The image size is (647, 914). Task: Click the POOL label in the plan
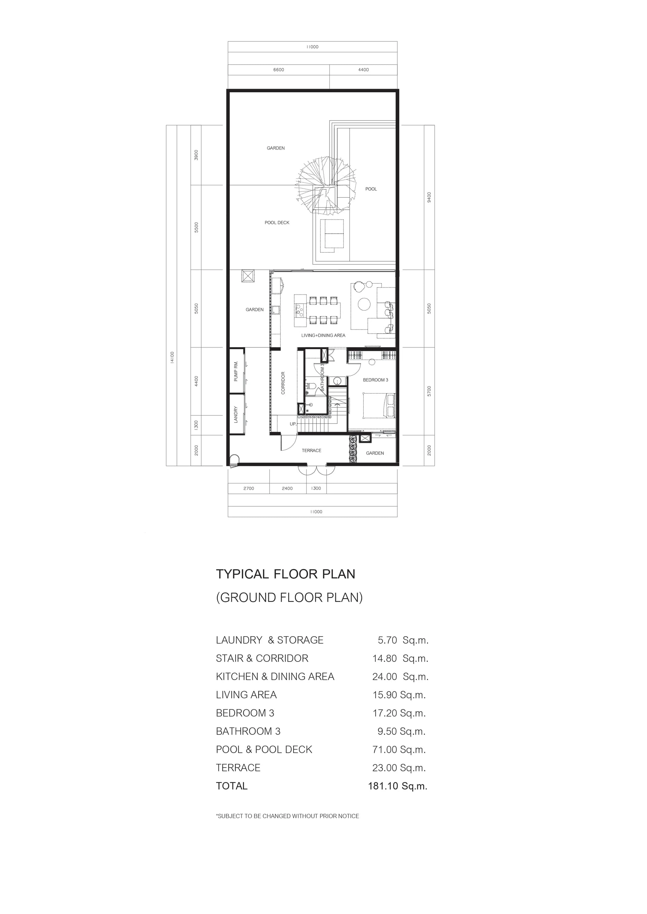(371, 189)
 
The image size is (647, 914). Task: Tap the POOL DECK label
(277, 223)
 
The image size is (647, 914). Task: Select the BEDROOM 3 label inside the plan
(375, 380)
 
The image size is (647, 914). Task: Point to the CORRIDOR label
(283, 383)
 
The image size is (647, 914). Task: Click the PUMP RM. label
(236, 371)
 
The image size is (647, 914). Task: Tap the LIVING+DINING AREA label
(323, 335)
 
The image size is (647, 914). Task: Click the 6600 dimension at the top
(278, 70)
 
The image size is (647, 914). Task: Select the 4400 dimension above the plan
(363, 70)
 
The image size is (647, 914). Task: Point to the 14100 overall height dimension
(172, 357)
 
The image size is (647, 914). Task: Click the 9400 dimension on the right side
(429, 197)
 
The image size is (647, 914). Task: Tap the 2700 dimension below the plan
(249, 488)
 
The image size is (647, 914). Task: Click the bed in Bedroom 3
(379, 406)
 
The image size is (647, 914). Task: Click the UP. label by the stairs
(293, 424)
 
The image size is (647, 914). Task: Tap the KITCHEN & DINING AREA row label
(275, 676)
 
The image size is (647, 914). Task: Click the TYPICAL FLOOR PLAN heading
(286, 574)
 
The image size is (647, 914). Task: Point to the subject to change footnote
(287, 816)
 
